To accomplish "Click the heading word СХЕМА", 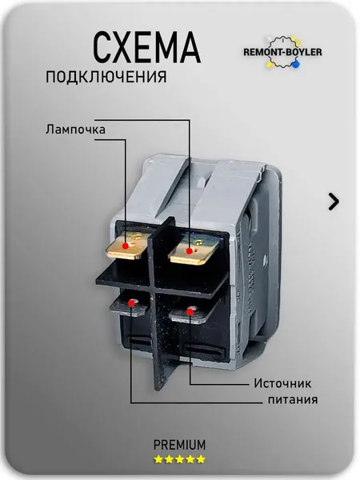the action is coord(147,47).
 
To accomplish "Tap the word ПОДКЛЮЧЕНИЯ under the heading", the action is coord(106,77).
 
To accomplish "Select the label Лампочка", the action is coord(75,130).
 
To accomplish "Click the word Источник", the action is coord(282,383).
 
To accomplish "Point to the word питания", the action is coord(293,400).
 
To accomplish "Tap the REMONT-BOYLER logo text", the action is coord(282,52).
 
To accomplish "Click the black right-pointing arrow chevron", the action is coord(334,202).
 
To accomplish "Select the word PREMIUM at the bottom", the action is coord(179,445).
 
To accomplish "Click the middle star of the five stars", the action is coord(179,459).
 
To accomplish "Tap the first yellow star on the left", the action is coord(158,459).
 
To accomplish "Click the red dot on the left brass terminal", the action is coord(125,246).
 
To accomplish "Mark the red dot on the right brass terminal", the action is coord(190,251).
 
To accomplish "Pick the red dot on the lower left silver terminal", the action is coord(132,303).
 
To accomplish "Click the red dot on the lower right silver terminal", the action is coord(190,312).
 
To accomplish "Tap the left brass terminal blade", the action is coord(129,246).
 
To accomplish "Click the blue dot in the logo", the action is coord(295,65).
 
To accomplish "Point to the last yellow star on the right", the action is coord(201,459).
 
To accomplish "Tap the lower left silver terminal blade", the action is coord(129,306).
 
